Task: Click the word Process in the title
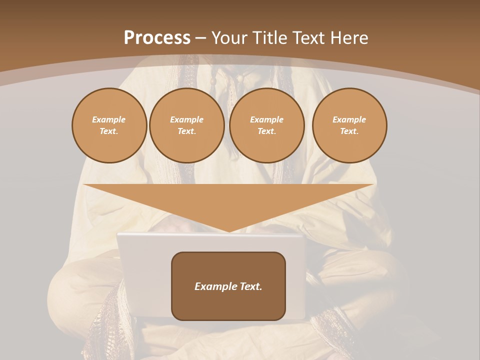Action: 157,38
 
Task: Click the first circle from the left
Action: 109,125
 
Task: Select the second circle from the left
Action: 186,125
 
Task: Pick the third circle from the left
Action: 266,125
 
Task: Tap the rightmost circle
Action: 349,125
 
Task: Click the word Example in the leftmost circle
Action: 109,119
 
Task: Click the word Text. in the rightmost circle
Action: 349,131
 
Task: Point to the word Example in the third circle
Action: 266,119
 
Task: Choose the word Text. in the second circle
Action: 186,131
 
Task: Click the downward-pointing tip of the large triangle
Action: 229,230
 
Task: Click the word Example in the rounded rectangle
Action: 215,286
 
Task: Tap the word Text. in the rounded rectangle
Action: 250,286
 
